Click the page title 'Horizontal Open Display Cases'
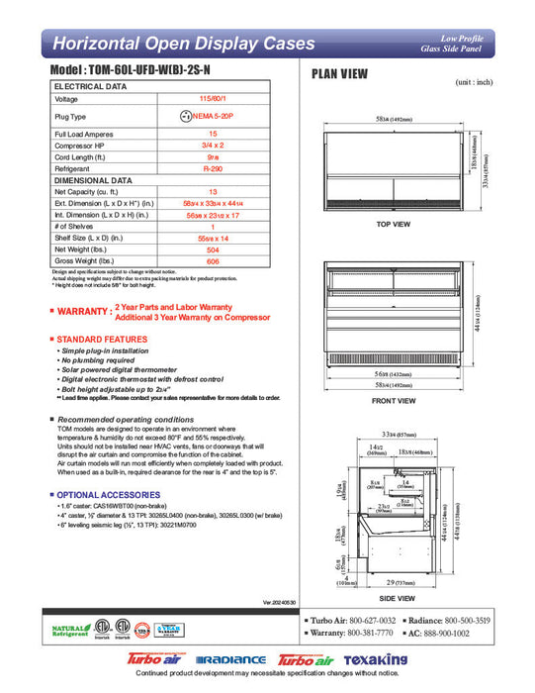tap(183, 44)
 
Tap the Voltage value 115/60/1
tap(212, 99)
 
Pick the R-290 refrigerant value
tap(212, 169)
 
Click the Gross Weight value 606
tap(212, 262)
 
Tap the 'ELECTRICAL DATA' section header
tap(90, 87)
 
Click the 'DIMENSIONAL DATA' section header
tap(93, 181)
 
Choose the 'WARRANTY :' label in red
tap(83, 312)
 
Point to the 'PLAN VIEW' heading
tap(341, 73)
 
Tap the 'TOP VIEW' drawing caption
tap(394, 225)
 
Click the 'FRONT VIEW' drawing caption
tap(394, 401)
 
